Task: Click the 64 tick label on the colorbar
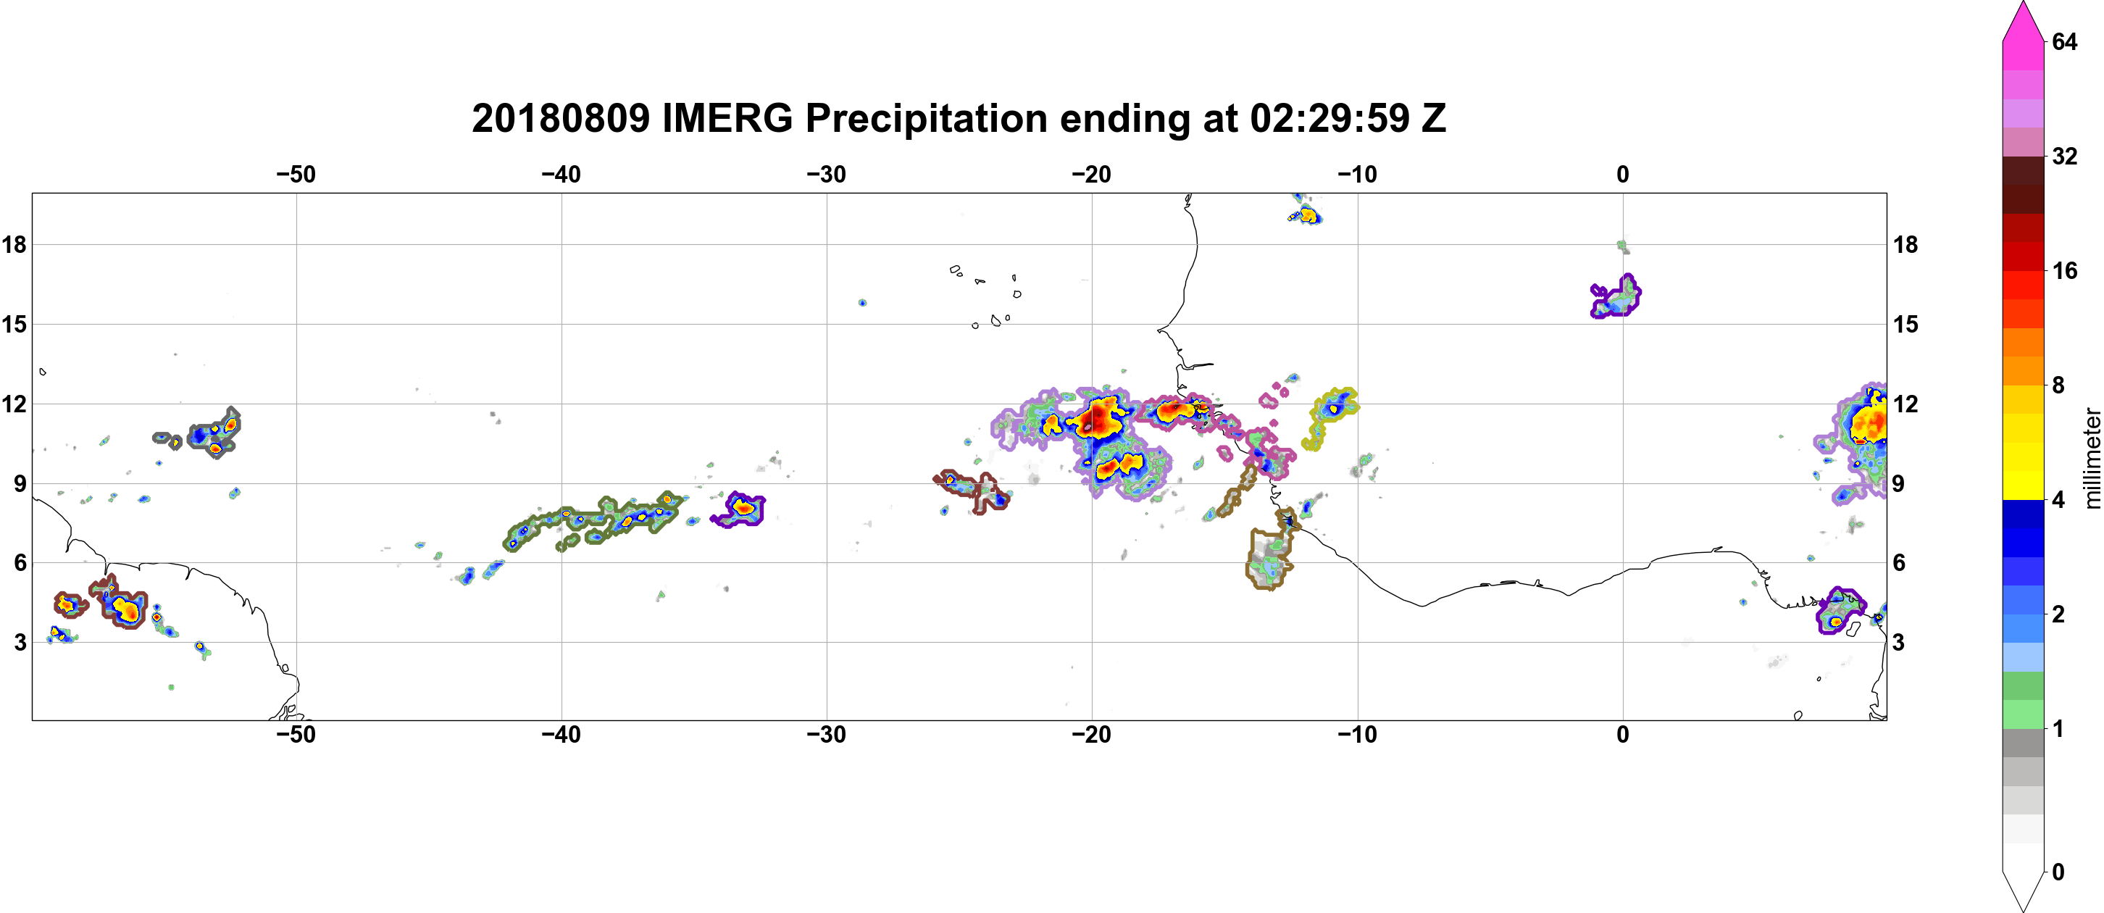point(2064,41)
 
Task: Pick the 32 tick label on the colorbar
point(2064,156)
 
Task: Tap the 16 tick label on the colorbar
point(2064,270)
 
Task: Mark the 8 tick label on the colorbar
point(2058,385)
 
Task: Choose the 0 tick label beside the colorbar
point(2058,872)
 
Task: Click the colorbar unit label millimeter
point(2092,458)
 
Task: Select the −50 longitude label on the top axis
point(296,175)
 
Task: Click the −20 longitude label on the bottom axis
point(1092,735)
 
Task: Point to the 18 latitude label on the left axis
point(14,244)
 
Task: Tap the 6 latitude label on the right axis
point(1899,563)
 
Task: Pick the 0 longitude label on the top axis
point(1623,175)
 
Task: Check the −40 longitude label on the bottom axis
point(561,735)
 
